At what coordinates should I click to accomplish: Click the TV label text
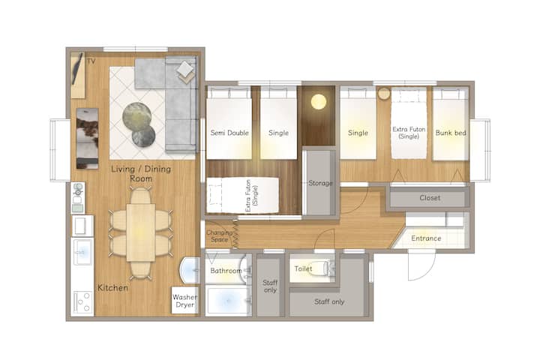[x=91, y=61]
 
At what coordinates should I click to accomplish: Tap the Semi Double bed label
[x=229, y=133]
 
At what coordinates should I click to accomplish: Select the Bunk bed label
[x=451, y=133]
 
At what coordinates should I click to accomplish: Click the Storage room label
[x=320, y=183]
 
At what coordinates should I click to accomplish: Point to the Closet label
[x=430, y=198]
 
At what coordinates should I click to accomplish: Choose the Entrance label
[x=426, y=238]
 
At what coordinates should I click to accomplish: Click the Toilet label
[x=303, y=268]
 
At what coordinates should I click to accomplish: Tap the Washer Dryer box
[x=185, y=301]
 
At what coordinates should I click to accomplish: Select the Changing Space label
[x=219, y=236]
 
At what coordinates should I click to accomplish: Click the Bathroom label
[x=226, y=271]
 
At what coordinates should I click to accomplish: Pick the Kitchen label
[x=112, y=288]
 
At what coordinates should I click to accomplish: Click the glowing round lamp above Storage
[x=318, y=102]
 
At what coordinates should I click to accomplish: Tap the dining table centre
[x=140, y=232]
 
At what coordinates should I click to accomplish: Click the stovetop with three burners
[x=82, y=302]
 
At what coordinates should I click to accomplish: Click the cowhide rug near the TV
[x=87, y=139]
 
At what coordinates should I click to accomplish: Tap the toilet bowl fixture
[x=320, y=269]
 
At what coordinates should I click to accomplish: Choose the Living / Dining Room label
[x=141, y=174]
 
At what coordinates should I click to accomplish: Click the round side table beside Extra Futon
[x=383, y=94]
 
